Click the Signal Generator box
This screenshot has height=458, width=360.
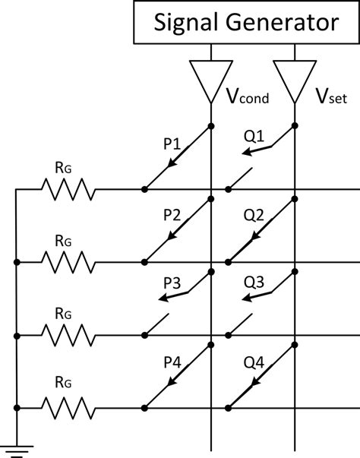click(245, 22)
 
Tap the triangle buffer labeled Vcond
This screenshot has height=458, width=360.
click(210, 79)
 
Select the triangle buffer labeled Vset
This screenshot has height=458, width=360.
click(293, 79)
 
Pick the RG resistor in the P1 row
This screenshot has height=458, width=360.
click(69, 189)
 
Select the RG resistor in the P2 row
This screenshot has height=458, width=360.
click(69, 262)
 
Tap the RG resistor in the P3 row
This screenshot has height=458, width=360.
click(69, 335)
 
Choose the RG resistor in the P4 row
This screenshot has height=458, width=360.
click(69, 408)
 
